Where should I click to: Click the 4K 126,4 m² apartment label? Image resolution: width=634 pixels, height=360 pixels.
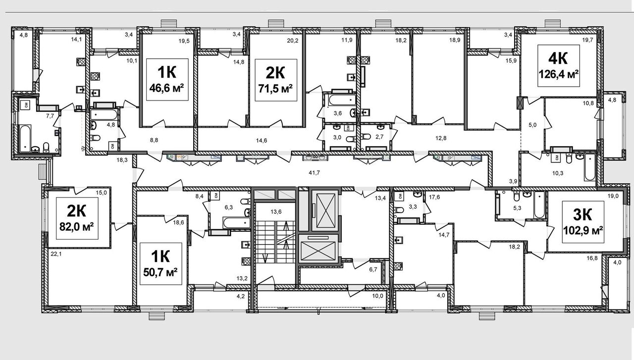558,66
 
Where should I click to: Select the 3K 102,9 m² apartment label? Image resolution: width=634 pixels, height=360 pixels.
583,222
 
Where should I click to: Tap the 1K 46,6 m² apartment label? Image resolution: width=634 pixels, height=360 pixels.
167,80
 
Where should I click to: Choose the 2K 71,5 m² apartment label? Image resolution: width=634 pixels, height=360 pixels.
276,80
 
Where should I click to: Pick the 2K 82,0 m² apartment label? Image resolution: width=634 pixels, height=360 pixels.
77,218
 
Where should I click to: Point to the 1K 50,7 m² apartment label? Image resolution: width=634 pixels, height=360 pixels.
161,264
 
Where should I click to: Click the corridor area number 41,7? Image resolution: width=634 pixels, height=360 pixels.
314,172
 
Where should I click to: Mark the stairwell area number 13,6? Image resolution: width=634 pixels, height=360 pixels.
276,212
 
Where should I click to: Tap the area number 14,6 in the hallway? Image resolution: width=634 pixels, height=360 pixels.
261,140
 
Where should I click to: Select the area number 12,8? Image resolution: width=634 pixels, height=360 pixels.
441,138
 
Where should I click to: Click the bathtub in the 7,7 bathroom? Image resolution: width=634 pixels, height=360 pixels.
26,138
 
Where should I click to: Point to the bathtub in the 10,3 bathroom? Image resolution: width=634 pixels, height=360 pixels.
590,167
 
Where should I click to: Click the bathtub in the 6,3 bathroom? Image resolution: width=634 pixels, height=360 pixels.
237,223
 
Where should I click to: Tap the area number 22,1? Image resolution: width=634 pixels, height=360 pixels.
56,254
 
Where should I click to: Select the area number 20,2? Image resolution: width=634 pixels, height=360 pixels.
292,41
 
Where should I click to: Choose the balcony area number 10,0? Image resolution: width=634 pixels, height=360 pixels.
377,296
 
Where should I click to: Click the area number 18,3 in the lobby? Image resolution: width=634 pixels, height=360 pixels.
122,160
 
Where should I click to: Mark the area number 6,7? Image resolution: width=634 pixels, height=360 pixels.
373,269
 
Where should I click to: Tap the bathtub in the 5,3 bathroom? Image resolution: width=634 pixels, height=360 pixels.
539,205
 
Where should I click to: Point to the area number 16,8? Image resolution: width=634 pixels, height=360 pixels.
592,258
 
